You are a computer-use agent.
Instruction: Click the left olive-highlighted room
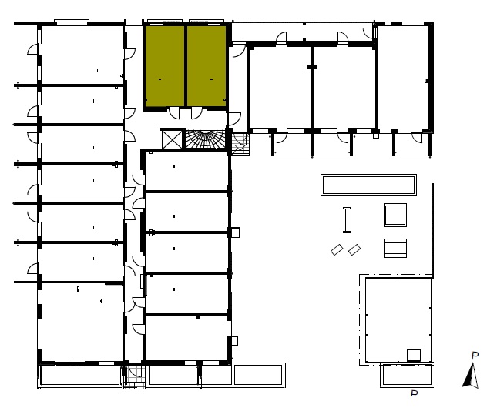click(x=164, y=66)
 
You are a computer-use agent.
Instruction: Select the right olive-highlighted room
click(x=207, y=66)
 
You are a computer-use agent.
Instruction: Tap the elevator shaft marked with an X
click(x=172, y=139)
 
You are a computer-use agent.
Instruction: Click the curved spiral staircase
click(x=206, y=139)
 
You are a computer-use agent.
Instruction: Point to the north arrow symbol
click(x=471, y=376)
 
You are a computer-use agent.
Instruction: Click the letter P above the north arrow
click(x=475, y=356)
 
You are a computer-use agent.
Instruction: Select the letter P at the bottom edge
click(x=415, y=393)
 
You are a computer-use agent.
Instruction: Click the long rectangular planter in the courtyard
click(x=368, y=185)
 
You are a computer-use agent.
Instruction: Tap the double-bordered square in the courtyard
click(x=395, y=215)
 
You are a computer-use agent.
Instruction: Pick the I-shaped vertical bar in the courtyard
click(x=347, y=220)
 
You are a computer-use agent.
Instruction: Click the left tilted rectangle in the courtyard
click(x=337, y=249)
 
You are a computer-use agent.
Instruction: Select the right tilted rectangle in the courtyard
click(x=354, y=249)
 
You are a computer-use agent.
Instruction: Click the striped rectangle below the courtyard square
click(x=395, y=248)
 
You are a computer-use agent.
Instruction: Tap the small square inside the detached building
click(x=414, y=355)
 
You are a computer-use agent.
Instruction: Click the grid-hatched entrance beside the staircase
click(x=240, y=145)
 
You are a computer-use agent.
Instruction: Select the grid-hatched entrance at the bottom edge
click(x=134, y=376)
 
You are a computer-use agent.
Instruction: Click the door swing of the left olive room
click(x=174, y=113)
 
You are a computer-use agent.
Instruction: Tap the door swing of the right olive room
click(x=196, y=113)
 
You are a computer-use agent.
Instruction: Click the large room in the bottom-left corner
click(x=82, y=322)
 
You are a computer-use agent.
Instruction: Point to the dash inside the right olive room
click(x=211, y=79)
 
